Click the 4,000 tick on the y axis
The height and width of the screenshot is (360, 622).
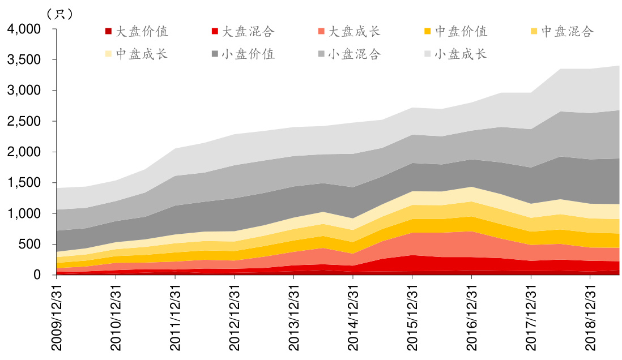click(24, 29)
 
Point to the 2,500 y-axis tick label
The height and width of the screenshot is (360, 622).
click(24, 121)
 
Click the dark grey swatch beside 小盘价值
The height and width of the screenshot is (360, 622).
click(215, 54)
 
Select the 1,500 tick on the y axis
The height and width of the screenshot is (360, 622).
click(24, 183)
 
